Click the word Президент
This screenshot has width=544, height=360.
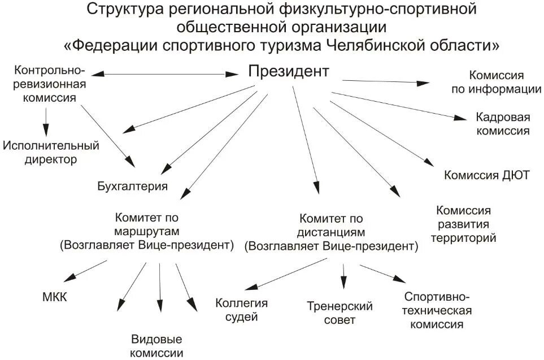click(x=289, y=72)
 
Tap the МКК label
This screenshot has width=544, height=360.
click(x=54, y=296)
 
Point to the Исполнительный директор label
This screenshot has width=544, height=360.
click(x=51, y=152)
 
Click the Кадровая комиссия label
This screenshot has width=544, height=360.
click(x=502, y=124)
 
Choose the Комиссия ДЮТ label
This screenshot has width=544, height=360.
click(x=486, y=175)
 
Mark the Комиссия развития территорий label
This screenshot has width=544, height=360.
click(x=463, y=224)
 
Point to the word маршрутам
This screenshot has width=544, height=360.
click(x=146, y=231)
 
